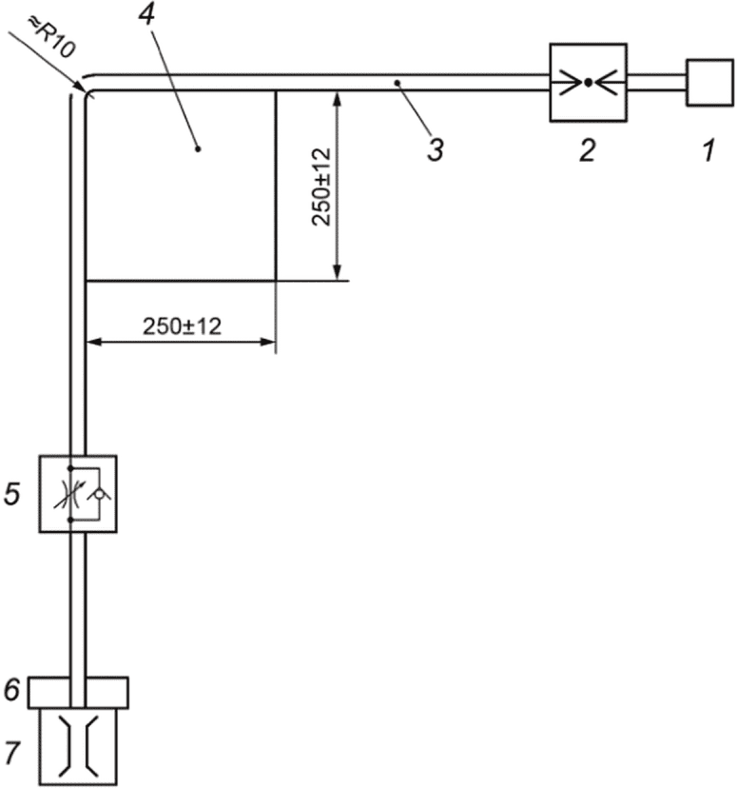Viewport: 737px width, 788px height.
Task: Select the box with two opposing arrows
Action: point(589,83)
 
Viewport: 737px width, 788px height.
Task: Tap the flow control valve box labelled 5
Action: point(77,493)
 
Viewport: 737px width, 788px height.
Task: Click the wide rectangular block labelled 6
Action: point(77,692)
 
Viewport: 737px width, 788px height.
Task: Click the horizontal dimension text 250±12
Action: point(182,326)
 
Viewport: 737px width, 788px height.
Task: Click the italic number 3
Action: point(436,149)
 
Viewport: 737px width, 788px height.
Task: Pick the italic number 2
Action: point(588,149)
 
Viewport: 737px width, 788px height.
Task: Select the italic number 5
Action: point(12,493)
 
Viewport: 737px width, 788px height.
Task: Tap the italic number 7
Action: point(11,752)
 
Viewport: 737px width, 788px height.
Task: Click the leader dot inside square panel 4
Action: point(198,148)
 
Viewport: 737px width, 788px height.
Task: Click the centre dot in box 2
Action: point(589,83)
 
